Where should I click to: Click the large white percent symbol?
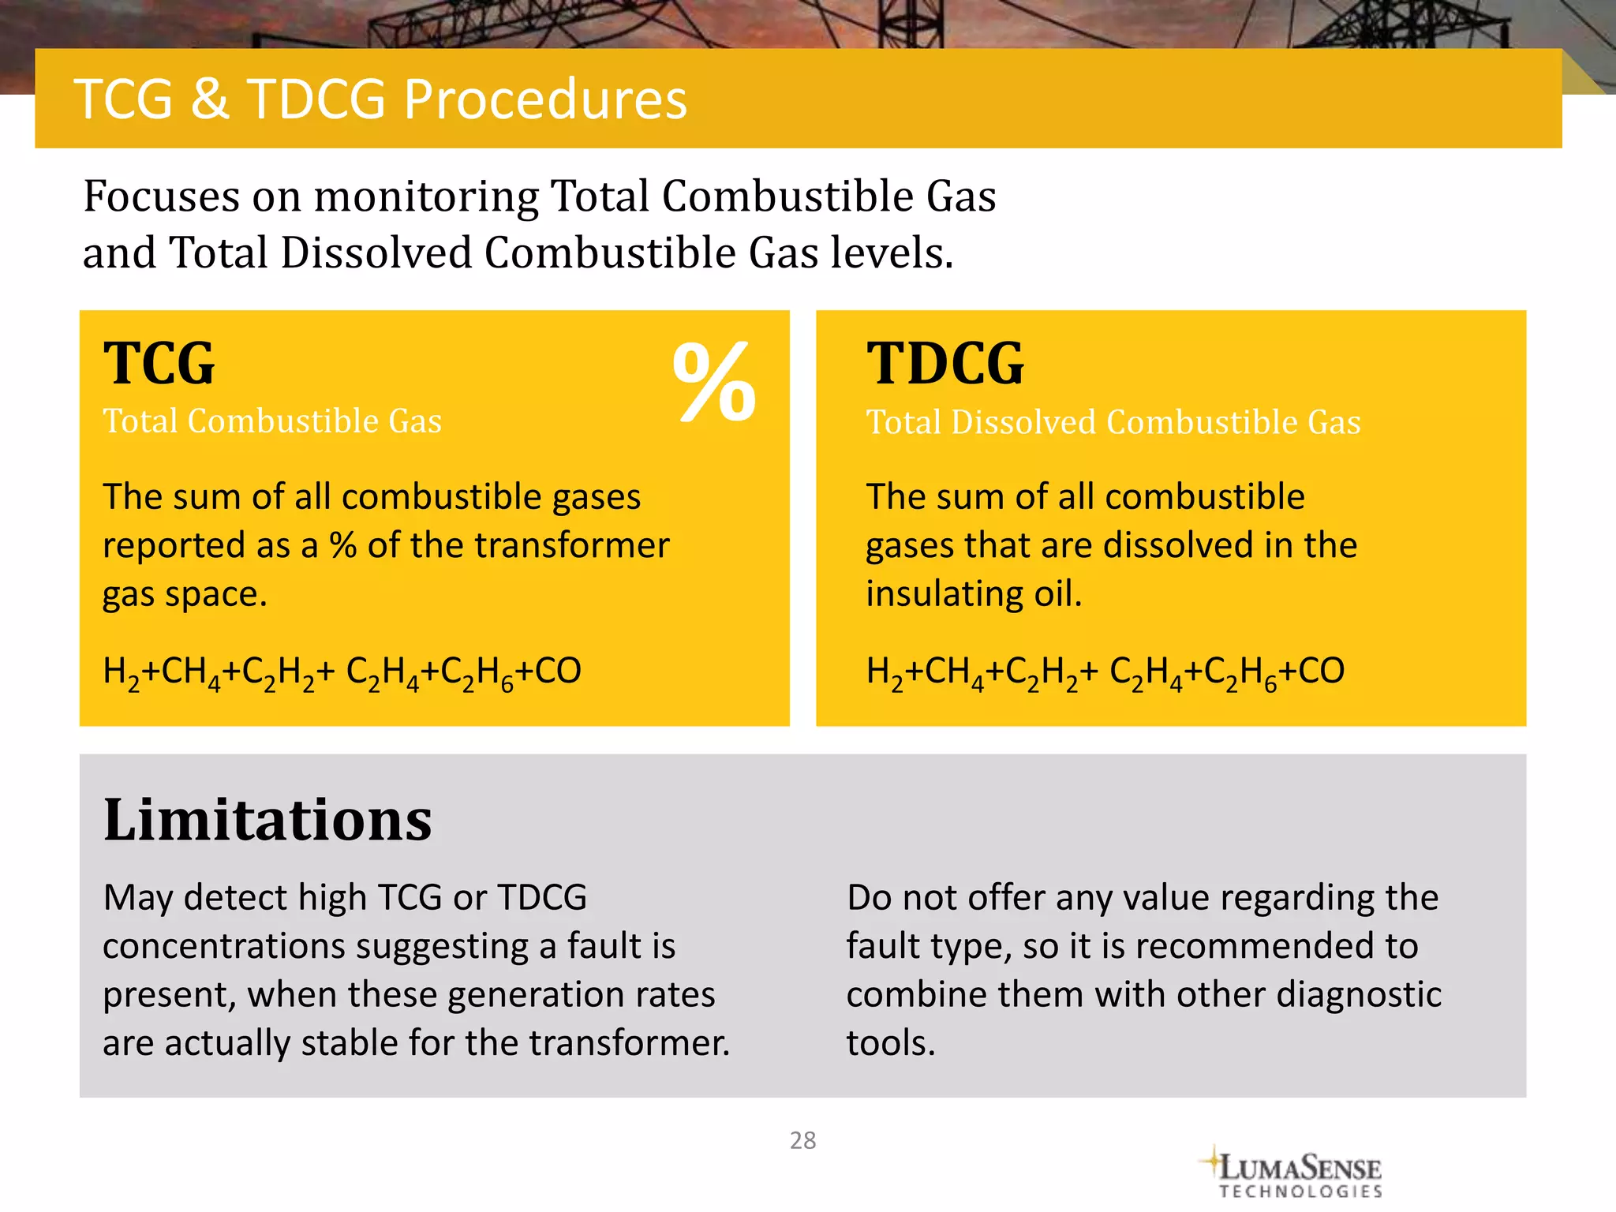[714, 382]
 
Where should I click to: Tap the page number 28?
[802, 1140]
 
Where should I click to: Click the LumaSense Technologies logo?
[1294, 1173]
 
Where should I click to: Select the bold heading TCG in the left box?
[159, 364]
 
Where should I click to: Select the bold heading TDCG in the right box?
[945, 364]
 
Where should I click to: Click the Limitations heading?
[267, 820]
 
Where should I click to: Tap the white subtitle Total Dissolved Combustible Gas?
[1113, 422]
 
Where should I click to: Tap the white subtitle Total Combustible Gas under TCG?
[272, 421]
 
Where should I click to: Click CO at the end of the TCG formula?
[558, 671]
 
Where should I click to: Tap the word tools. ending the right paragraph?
[890, 1043]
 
